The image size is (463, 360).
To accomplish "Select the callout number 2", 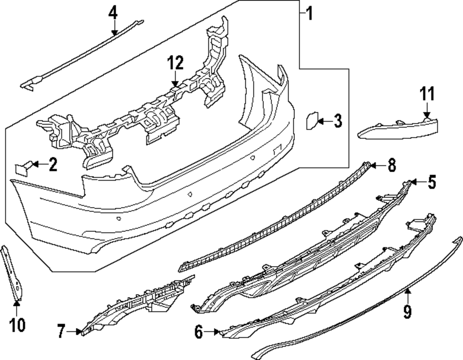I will (x=53, y=165).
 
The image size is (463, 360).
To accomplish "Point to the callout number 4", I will (x=113, y=12).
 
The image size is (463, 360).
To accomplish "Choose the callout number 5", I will (x=431, y=182).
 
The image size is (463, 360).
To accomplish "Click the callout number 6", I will (x=198, y=331).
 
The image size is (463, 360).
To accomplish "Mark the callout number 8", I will (x=391, y=166).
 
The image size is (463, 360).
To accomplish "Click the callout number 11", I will (x=427, y=94).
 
